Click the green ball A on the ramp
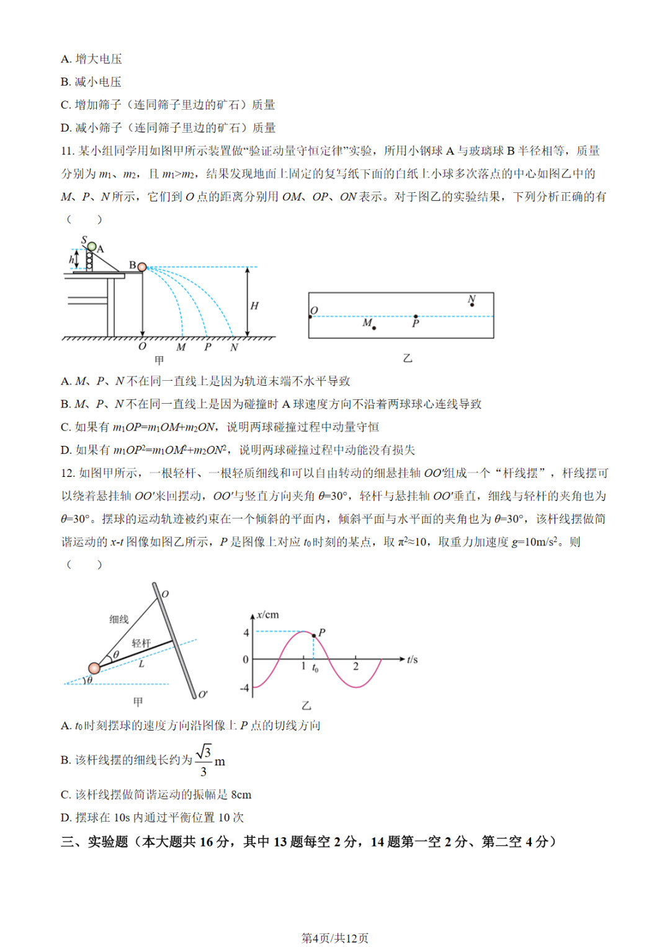pos(92,247)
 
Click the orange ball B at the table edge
pos(142,267)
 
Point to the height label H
pos(254,305)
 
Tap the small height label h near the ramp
pos(71,260)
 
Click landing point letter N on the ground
pos(234,347)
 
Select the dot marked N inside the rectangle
pos(472,305)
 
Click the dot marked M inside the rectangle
pos(374,327)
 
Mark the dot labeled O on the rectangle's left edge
pos(310,317)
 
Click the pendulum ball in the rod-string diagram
pos(94,668)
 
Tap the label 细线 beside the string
pos(119,619)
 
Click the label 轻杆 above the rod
pos(141,643)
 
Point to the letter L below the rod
pos(141,664)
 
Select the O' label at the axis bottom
pos(203,694)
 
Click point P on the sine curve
pos(313,635)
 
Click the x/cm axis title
pos(268,615)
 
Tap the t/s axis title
pos(413,659)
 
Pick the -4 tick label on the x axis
pos(244,688)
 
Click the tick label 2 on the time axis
pos(355,667)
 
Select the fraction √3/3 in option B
pos(203,761)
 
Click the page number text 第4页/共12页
pos(335,938)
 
